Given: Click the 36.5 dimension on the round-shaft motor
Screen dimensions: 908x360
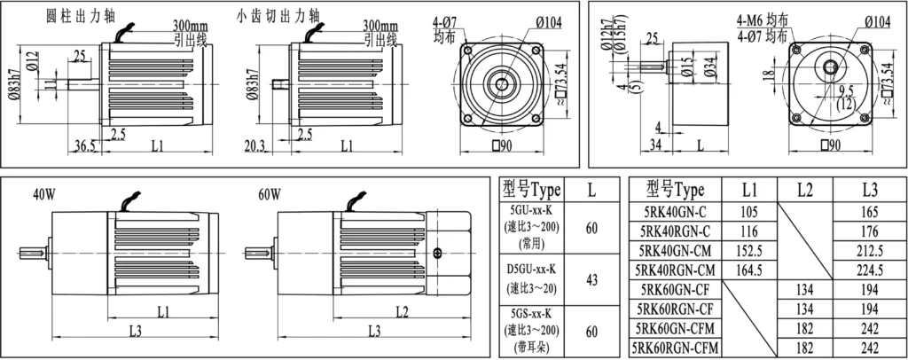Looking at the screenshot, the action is coord(84,147).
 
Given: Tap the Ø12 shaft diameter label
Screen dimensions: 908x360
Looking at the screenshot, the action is coord(33,60).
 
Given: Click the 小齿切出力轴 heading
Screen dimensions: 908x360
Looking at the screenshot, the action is coord(278,16).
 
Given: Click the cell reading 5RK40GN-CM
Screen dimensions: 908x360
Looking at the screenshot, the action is coord(675,251).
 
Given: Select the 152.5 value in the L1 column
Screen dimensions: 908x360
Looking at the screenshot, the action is coord(749,251).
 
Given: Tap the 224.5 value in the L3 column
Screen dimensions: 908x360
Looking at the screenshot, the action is coord(870,270).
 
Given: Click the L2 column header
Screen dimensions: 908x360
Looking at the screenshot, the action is coord(805,189).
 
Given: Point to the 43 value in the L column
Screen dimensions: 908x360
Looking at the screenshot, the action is coord(591,279).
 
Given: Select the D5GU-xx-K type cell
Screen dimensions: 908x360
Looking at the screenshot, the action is coord(533,279).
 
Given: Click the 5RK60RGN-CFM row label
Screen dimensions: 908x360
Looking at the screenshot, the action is coord(675,348).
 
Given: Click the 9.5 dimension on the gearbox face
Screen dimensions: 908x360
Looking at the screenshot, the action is coord(846,90).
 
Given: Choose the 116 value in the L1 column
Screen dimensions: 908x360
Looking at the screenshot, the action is coord(749,231).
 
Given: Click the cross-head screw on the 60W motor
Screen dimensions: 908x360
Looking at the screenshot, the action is coord(437,254).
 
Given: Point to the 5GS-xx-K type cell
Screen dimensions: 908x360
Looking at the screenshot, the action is coord(533,331).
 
